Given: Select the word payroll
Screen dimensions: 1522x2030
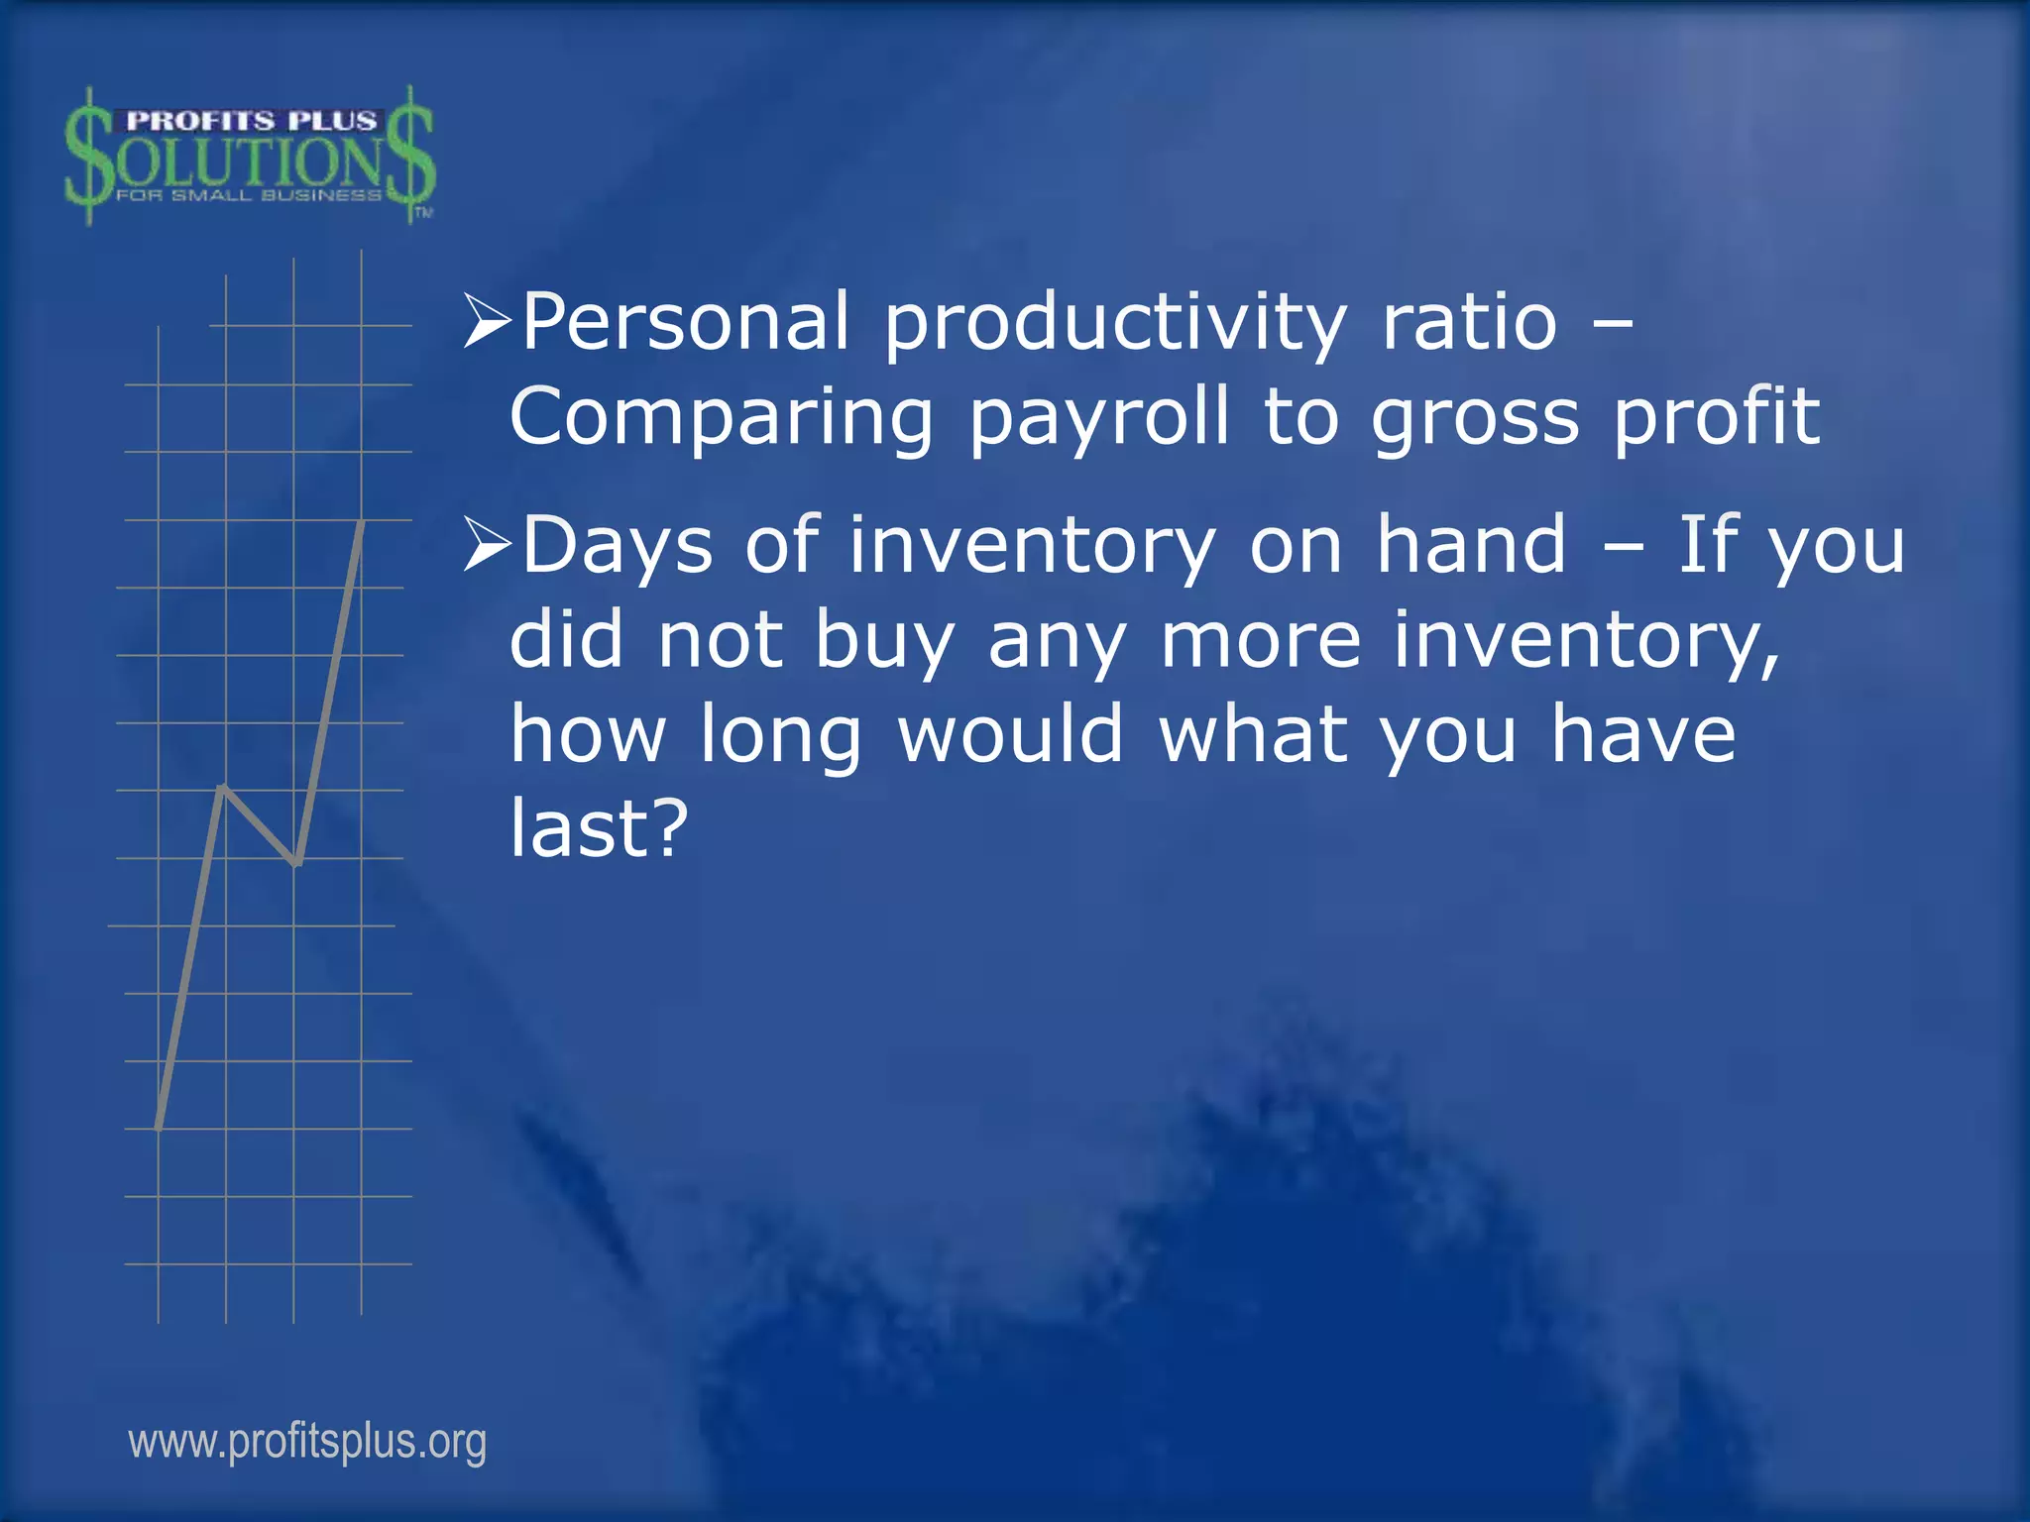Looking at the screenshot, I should tap(1098, 419).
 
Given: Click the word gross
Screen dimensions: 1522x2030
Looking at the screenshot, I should tap(1475, 419).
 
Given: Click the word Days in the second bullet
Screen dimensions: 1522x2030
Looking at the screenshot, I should tap(618, 546).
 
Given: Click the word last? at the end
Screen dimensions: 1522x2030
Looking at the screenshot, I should tap(599, 828).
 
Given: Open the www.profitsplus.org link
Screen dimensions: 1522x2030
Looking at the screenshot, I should tap(307, 1442).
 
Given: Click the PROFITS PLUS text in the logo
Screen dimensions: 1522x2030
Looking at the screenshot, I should tap(252, 121).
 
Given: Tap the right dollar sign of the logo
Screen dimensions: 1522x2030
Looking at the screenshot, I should tap(410, 157).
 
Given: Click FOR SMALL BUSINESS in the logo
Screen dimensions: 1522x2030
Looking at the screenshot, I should tap(249, 195).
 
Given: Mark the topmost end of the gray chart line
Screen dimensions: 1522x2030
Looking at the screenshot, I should tap(362, 522).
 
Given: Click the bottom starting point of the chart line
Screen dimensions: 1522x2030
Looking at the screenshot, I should tap(159, 1126).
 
